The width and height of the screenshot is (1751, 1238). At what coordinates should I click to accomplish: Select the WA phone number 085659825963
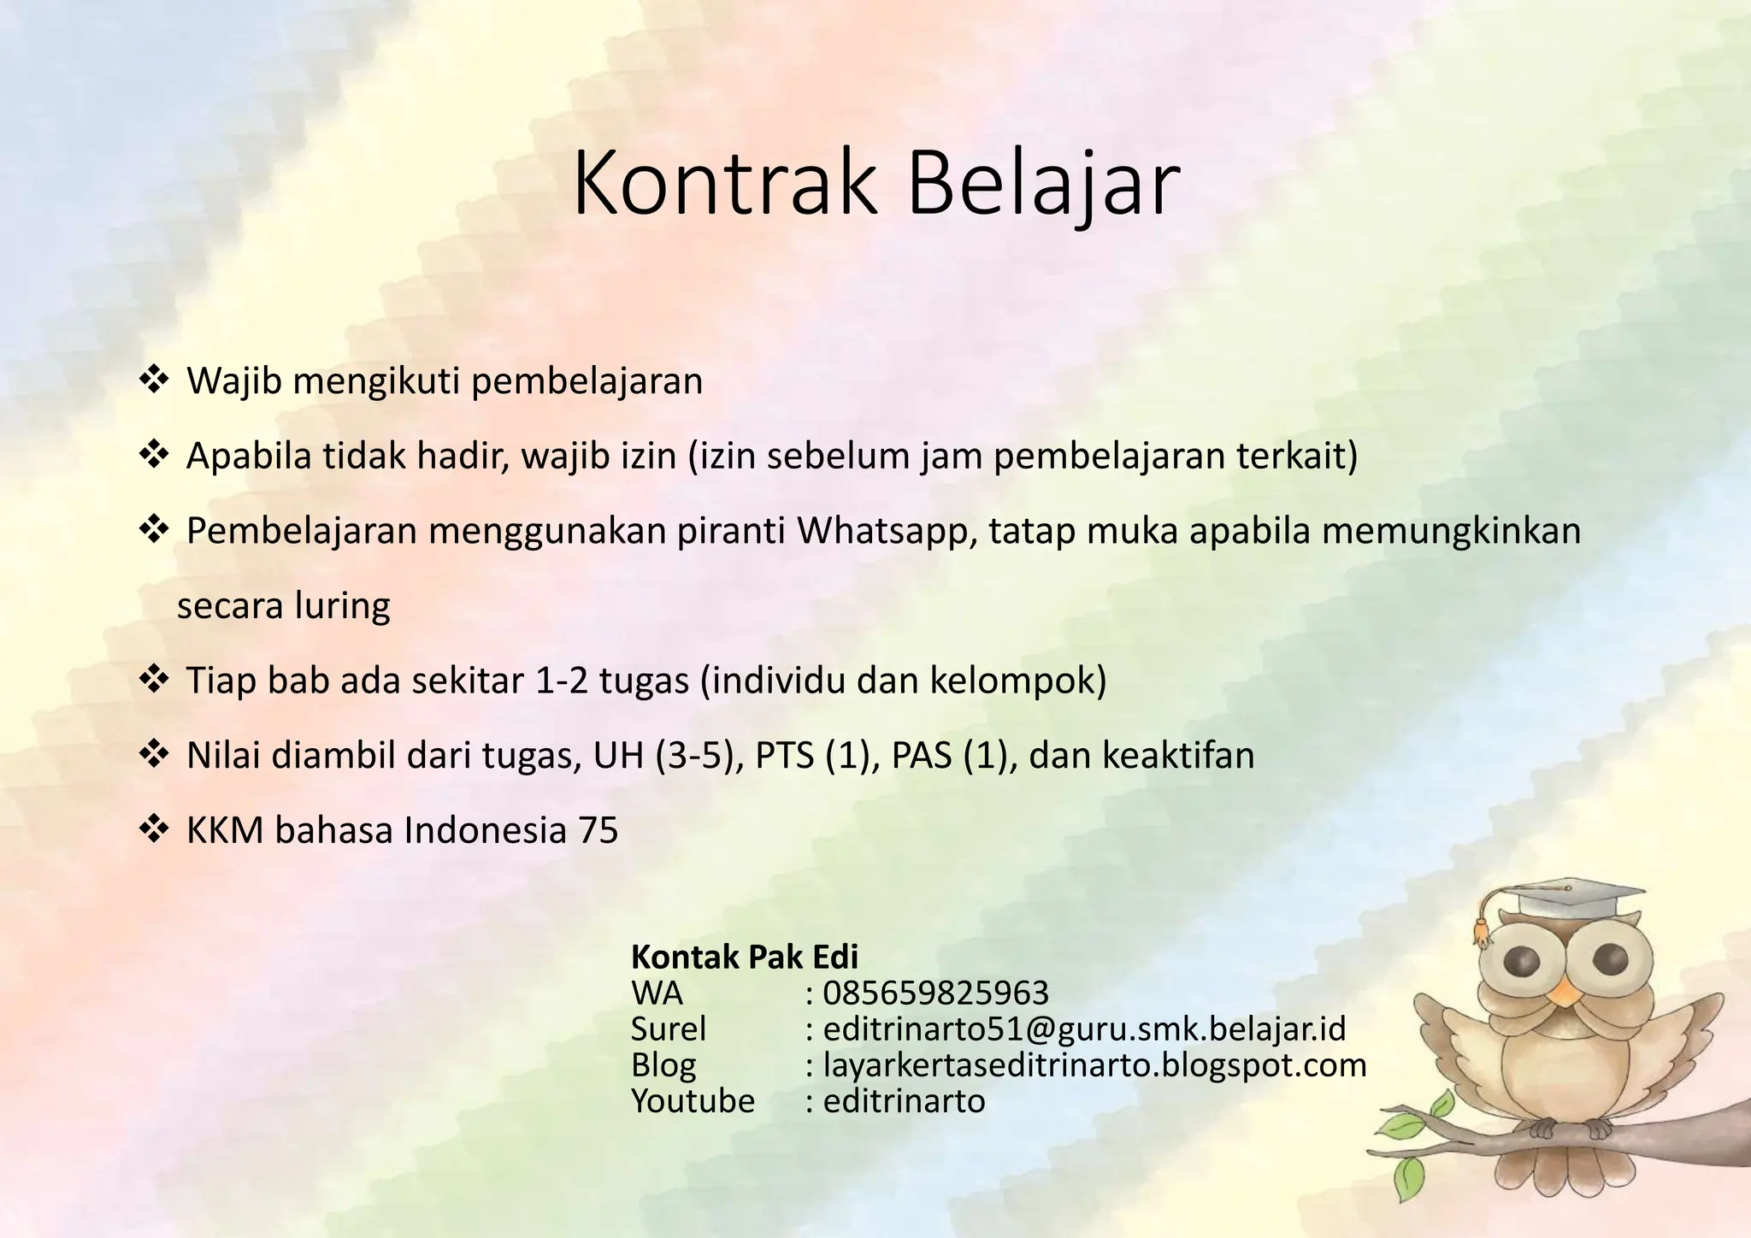pyautogui.click(x=935, y=993)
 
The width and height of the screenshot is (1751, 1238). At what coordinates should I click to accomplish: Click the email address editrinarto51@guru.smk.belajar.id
pyautogui.click(x=1084, y=1029)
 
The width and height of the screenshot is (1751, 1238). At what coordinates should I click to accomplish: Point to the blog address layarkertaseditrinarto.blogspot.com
pyautogui.click(x=1094, y=1065)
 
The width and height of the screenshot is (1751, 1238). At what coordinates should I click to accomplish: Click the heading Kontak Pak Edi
pyautogui.click(x=744, y=957)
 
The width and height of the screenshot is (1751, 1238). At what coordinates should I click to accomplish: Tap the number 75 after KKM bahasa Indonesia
pyautogui.click(x=598, y=831)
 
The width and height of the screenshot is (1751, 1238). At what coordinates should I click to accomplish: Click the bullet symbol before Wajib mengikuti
pyautogui.click(x=153, y=380)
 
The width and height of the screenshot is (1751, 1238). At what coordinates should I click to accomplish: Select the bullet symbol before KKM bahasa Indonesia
pyautogui.click(x=153, y=830)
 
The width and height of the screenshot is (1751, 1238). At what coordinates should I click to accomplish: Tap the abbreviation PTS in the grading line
pyautogui.click(x=784, y=756)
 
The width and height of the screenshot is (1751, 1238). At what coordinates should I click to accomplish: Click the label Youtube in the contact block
pyautogui.click(x=693, y=1101)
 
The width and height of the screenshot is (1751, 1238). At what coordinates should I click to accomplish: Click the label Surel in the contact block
pyautogui.click(x=669, y=1029)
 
